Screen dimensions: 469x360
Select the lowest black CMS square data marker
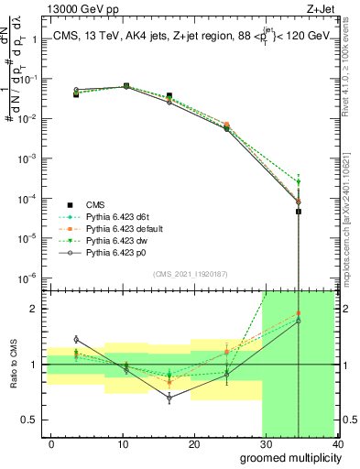(x=300, y=212)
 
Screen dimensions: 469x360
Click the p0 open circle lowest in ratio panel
(x=169, y=398)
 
